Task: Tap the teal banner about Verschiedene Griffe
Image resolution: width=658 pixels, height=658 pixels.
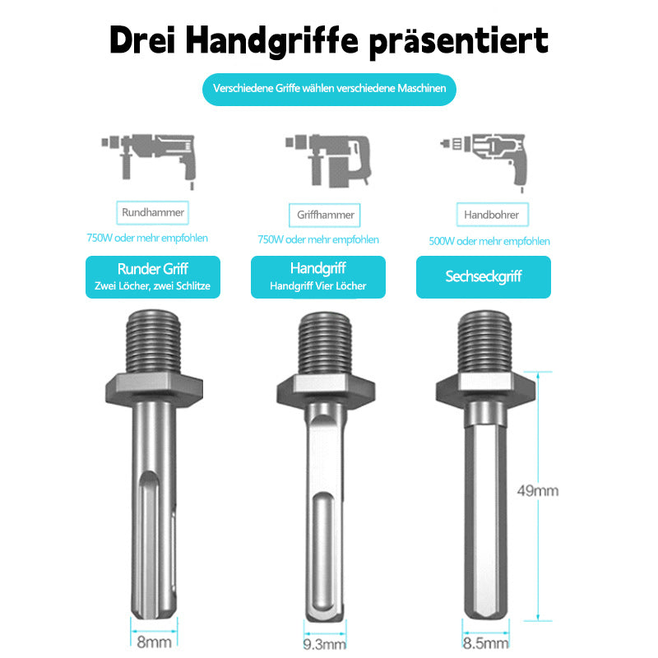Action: click(329, 88)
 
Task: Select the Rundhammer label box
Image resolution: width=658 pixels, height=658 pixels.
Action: click(153, 212)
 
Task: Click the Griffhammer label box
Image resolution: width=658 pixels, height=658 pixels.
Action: click(326, 215)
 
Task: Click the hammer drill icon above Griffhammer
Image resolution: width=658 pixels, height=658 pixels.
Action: click(327, 159)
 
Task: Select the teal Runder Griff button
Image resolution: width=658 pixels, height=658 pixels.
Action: click(153, 276)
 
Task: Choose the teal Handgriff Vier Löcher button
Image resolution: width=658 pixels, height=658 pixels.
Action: click(318, 276)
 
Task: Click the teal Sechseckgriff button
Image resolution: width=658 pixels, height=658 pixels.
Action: click(484, 277)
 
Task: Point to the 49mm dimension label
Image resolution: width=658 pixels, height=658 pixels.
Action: click(537, 491)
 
